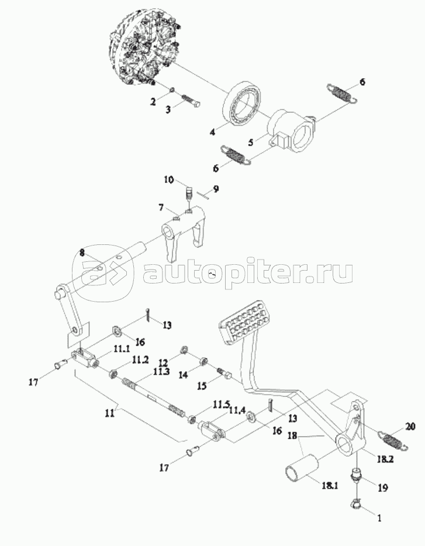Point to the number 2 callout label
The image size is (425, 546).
(153, 102)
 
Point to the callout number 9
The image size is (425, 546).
(215, 189)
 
